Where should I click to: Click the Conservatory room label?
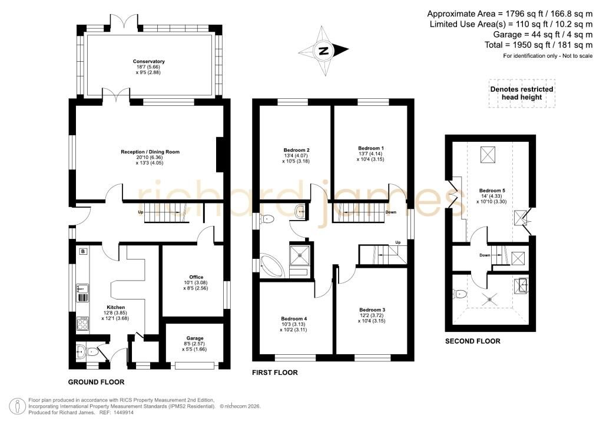148,61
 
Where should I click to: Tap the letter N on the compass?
324,51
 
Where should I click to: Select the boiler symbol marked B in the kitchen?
83,252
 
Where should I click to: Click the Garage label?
194,338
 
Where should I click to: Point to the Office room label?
196,277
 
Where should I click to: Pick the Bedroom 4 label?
294,319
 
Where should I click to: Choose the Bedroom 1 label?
371,148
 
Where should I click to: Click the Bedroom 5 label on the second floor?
492,191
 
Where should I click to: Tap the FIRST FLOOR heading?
275,372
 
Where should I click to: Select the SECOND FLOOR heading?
473,341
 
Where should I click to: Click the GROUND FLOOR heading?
96,382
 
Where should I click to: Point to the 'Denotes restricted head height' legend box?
522,94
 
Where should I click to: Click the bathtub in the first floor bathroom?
271,264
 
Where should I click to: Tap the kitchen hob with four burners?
82,323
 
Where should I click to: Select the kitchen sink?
82,288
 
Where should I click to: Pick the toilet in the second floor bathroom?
460,294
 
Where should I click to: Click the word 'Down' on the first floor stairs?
390,212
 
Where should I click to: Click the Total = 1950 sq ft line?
539,45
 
